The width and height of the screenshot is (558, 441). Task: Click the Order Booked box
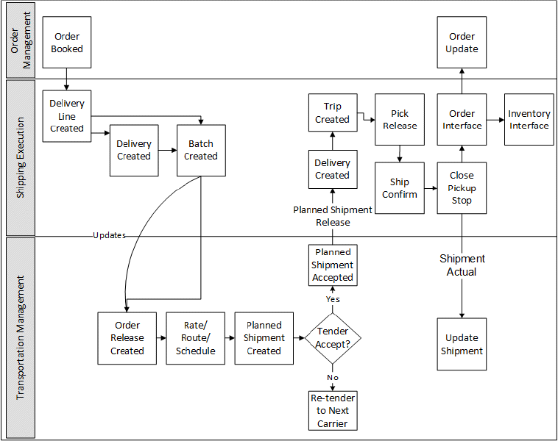(67, 43)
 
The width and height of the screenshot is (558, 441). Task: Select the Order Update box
(462, 43)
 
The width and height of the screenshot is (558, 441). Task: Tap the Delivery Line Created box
(67, 115)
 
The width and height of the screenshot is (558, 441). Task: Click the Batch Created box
(201, 150)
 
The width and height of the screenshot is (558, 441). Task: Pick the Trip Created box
(332, 112)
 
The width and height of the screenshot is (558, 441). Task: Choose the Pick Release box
(400, 119)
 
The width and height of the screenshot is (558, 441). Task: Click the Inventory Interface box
(529, 119)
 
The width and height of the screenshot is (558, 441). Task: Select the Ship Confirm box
(400, 188)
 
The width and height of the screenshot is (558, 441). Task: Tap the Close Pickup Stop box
(462, 188)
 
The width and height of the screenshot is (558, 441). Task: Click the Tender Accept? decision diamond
(333, 337)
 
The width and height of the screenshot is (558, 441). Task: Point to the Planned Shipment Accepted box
(333, 265)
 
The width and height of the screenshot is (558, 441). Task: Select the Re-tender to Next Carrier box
(333, 410)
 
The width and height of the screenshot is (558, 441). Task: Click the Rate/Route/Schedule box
(196, 338)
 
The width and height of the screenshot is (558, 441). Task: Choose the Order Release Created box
(127, 338)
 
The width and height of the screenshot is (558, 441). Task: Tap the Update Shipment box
(462, 344)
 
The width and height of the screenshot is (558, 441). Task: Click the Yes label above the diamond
(333, 299)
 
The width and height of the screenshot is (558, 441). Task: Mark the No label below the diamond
(333, 377)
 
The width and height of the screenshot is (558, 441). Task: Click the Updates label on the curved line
(109, 235)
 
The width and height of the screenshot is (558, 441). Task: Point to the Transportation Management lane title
(21, 337)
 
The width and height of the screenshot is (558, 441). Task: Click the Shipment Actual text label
(462, 265)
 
